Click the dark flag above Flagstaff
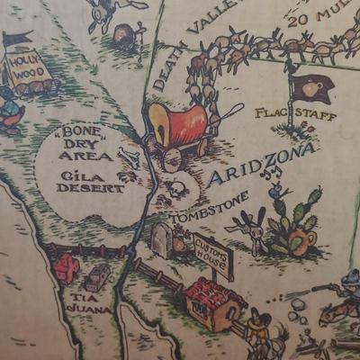(x=311, y=87)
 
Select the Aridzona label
(x=261, y=164)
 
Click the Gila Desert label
(x=90, y=181)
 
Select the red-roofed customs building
(x=214, y=302)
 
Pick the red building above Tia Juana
(x=67, y=267)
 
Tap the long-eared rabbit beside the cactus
(x=254, y=230)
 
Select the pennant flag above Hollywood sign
(x=16, y=39)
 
